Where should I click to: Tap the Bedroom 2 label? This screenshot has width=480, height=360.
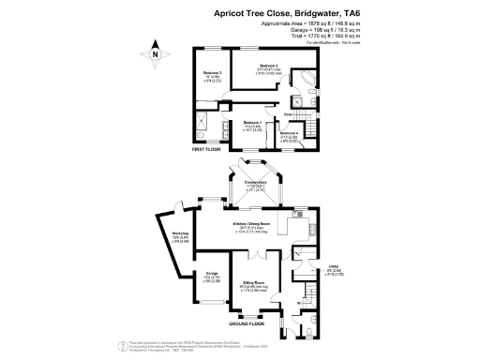click(x=246, y=68)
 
